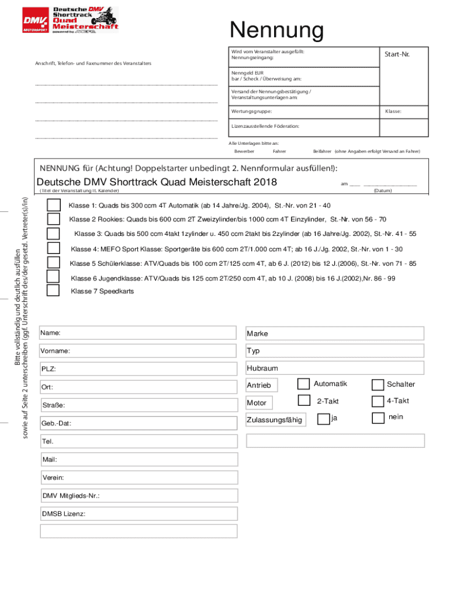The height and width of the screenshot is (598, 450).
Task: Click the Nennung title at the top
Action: pos(276,31)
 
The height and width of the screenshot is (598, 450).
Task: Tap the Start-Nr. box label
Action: pos(396,54)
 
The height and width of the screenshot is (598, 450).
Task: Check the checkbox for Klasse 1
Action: pos(53,206)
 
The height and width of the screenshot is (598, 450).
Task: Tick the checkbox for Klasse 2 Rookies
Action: pos(53,219)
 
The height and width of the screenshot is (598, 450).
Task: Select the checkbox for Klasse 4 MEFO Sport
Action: pos(53,249)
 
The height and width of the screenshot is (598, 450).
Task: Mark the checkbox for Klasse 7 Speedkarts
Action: pos(53,290)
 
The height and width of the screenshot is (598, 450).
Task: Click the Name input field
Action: pos(138,333)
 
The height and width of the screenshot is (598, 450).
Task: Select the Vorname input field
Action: pos(138,351)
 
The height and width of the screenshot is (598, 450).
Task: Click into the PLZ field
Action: pos(138,369)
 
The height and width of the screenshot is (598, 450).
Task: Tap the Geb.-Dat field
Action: pos(138,423)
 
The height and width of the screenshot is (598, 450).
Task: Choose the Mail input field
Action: pos(138,460)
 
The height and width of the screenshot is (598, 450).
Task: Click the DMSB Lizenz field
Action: pos(138,513)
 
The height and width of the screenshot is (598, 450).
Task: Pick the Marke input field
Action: pos(334,333)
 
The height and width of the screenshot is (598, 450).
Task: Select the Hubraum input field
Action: pos(334,368)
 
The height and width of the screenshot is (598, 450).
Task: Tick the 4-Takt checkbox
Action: pos(378,401)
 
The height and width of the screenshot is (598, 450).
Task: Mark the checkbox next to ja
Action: pos(323,419)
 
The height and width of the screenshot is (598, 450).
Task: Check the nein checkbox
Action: pos(378,418)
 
